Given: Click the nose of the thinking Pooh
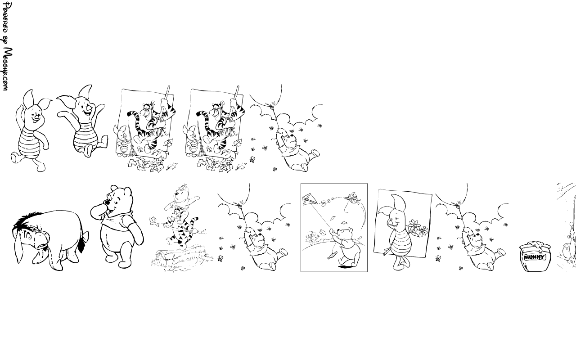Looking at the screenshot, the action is coord(106,202).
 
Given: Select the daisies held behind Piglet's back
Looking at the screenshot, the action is coord(418,228).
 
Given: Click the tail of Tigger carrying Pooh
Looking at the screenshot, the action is coord(193,223).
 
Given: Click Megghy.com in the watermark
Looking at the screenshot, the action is coord(7,69).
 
